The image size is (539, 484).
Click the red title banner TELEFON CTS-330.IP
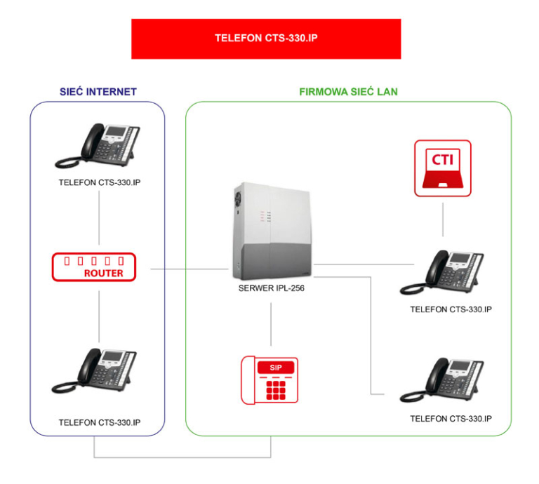[x=266, y=39]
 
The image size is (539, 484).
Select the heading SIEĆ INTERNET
[x=98, y=92]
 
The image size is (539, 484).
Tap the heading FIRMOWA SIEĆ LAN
[x=348, y=92]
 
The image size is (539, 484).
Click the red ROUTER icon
[x=97, y=267]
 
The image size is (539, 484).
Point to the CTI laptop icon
[x=442, y=168]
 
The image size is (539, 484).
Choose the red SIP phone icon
[x=270, y=381]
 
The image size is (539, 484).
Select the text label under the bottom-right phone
[x=450, y=419]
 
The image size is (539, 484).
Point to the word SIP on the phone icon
[x=270, y=367]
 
